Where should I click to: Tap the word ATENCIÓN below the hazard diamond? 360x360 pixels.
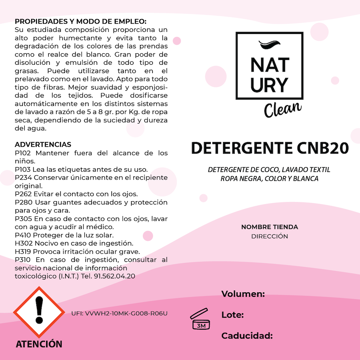[x=39, y=344]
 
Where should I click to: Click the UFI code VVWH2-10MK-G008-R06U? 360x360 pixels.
[x=119, y=313]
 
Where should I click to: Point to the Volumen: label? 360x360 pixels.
[x=243, y=294]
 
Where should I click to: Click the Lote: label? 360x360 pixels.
[x=232, y=315]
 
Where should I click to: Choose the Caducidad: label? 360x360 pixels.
[x=247, y=336]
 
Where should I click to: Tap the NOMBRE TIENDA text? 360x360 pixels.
[x=269, y=227]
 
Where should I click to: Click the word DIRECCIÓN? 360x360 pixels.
[x=269, y=236]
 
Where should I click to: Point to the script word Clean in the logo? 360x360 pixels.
[x=282, y=109]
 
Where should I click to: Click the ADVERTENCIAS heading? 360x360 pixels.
[x=43, y=144]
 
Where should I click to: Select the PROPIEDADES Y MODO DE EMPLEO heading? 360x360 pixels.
[x=80, y=21]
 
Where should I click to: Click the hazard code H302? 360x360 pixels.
[x=23, y=243]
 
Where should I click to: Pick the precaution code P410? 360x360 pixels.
[x=23, y=235]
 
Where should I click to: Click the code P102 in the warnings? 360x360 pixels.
[x=23, y=153]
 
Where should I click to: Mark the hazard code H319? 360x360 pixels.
[x=23, y=252]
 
